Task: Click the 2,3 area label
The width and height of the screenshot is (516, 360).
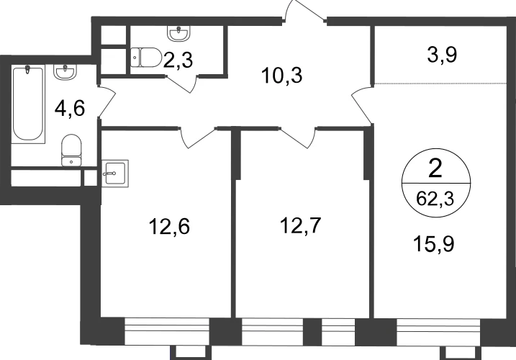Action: (178, 61)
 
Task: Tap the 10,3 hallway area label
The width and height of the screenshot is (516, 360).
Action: (281, 76)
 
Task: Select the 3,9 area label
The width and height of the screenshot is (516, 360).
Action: (442, 55)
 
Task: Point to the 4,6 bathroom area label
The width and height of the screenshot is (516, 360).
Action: (70, 109)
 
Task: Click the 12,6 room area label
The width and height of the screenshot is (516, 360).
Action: (169, 227)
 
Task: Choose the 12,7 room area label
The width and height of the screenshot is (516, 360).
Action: (300, 225)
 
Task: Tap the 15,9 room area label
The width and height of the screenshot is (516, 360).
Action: (434, 244)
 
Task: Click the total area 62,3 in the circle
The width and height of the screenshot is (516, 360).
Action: (435, 199)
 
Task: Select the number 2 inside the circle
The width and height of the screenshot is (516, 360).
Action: (435, 169)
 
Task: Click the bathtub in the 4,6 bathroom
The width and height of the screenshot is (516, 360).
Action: (28, 104)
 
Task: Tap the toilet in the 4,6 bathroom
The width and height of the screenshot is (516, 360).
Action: (71, 150)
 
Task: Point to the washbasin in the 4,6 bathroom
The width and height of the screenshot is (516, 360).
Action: (65, 72)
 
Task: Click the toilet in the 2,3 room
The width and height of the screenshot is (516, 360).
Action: (146, 58)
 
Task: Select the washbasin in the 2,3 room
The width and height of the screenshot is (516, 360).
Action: (178, 34)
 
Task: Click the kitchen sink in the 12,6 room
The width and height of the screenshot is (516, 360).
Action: (115, 174)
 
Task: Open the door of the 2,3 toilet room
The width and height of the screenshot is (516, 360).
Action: (181, 84)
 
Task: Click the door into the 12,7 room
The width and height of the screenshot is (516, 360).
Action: (298, 138)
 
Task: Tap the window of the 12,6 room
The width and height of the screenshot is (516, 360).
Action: (167, 331)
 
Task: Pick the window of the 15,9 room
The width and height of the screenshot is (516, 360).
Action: (438, 332)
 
